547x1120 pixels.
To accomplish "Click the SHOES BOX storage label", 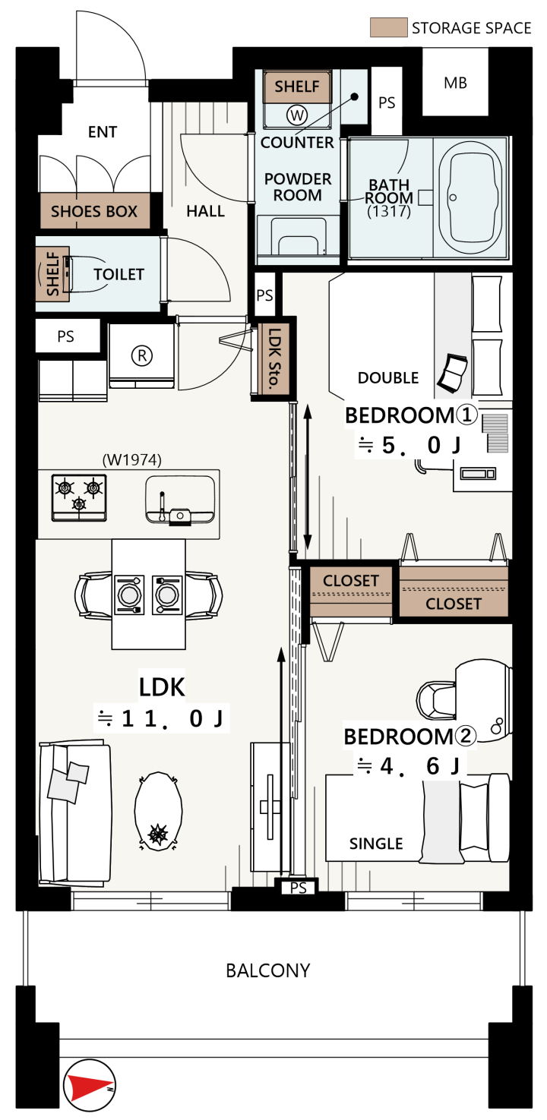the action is coord(94,212).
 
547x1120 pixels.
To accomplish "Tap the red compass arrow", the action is coord(90,1086).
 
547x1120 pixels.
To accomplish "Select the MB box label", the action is coord(455,83).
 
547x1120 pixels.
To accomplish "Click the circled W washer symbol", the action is coord(297,115).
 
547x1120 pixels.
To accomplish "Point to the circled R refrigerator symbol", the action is coord(142,355).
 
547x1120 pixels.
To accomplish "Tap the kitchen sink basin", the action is coord(180,500).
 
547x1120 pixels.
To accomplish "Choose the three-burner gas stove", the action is coord(79,497).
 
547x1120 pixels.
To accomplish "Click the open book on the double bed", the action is coord(453,372).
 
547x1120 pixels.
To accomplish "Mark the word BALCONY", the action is coord(267,970).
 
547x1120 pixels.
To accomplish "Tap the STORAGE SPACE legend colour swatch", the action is coord(388,27).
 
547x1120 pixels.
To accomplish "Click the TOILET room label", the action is coord(119,274).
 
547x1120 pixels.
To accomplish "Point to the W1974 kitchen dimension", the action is coord(132,459).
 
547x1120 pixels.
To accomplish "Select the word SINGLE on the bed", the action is coord(376,844).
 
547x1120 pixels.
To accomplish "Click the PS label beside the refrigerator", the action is coord(65,336).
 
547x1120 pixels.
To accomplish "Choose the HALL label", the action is coord(205,211).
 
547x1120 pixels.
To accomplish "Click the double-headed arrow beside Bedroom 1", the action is coord(307,477).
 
